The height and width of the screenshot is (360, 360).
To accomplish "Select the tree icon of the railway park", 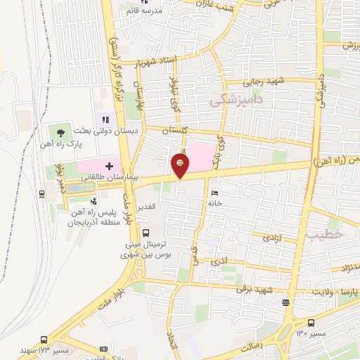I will [x=61, y=131].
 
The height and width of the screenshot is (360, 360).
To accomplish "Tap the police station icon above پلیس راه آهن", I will [x=94, y=202].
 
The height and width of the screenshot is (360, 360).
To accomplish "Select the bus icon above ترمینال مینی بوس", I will [x=145, y=233].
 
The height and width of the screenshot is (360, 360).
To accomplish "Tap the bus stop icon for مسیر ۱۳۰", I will [x=285, y=303].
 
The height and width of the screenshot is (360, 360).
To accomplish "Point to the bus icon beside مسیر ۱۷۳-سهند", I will [x=44, y=340].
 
